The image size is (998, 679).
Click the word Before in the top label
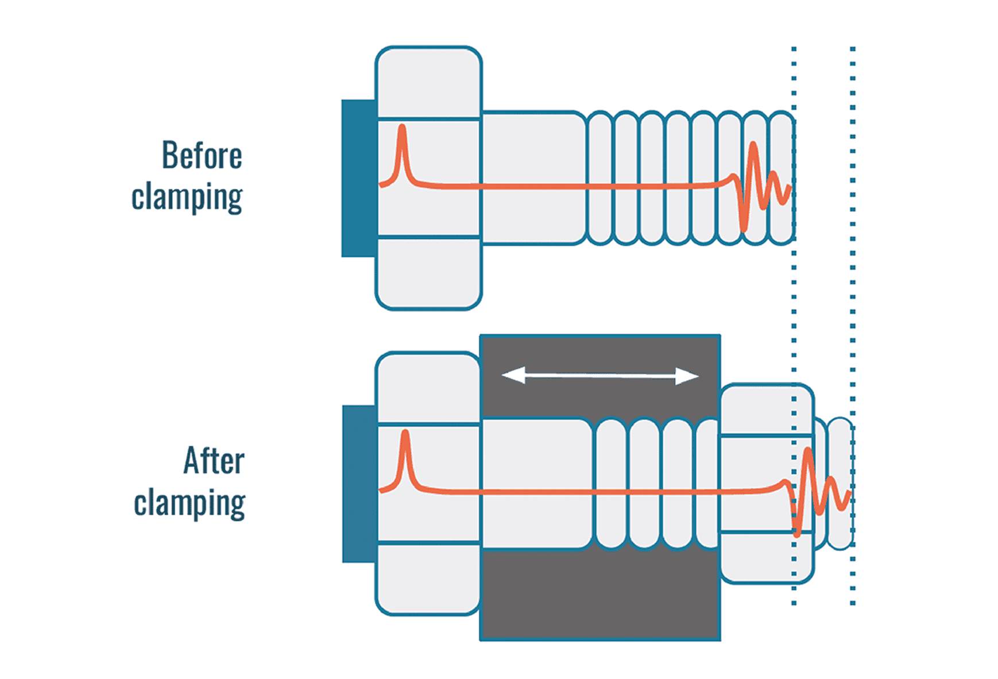202,156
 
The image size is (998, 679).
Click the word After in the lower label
214,461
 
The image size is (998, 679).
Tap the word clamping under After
189,504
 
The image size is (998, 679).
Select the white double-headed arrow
600,376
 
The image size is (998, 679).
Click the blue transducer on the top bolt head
359,178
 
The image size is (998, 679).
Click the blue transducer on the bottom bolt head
359,484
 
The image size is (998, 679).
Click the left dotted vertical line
794,322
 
